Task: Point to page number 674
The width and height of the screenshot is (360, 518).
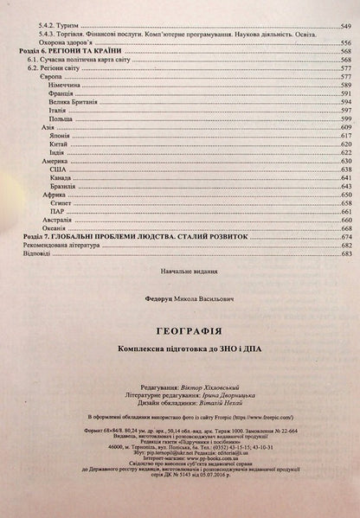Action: [x=345, y=236]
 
